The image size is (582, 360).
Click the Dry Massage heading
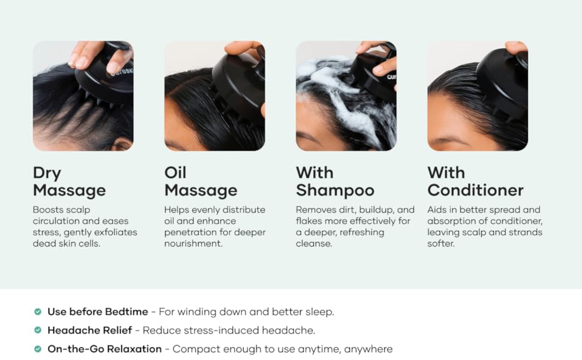click(70, 181)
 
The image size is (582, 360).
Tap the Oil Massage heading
click(201, 181)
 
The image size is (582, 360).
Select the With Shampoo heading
click(335, 181)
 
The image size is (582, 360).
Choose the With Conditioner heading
click(475, 181)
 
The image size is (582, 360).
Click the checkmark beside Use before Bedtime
click(38, 311)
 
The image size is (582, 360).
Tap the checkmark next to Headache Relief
click(38, 330)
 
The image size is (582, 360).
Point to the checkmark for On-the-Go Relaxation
click(38, 349)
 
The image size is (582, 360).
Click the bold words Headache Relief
click(90, 330)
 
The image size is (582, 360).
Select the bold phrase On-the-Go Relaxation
click(104, 349)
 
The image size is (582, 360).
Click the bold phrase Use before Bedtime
click(98, 311)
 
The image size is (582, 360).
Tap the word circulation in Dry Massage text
click(56, 221)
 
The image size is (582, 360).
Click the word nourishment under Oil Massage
click(193, 244)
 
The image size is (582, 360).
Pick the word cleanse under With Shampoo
click(314, 244)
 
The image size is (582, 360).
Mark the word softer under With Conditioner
click(440, 244)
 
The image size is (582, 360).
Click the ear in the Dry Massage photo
click(123, 144)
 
